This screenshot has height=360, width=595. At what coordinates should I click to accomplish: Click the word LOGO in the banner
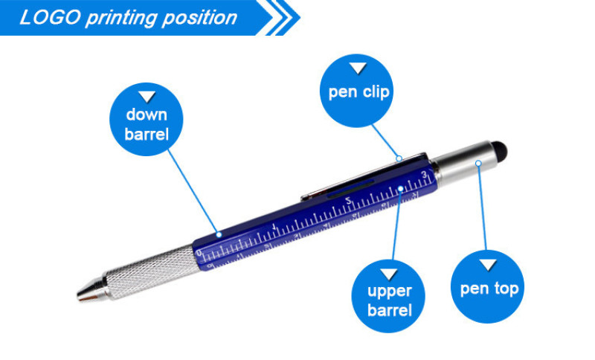click(x=50, y=17)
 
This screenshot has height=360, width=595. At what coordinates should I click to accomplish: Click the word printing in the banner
click(x=121, y=18)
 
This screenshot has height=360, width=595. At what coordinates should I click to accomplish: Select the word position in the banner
click(x=199, y=18)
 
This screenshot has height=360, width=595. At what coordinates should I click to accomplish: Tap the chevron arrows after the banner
click(x=282, y=17)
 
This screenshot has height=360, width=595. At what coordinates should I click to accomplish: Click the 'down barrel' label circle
click(x=147, y=119)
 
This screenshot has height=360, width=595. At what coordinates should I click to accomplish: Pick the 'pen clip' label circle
click(x=357, y=91)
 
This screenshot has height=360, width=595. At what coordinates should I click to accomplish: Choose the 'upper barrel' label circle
click(x=388, y=296)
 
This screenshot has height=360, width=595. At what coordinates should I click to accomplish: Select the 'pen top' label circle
click(x=487, y=287)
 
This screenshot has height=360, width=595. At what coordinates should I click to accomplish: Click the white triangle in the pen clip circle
click(x=358, y=68)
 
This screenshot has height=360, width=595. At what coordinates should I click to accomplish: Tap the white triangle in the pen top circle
click(x=488, y=265)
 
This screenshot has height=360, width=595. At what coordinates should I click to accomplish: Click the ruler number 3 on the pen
click(x=424, y=175)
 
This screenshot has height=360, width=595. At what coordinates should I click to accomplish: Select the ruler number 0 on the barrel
click(x=199, y=252)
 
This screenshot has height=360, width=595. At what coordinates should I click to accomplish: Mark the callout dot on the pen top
click(x=478, y=163)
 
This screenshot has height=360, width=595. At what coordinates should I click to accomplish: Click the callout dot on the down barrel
click(x=219, y=235)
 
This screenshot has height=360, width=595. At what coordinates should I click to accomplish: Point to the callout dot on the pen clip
click(x=399, y=158)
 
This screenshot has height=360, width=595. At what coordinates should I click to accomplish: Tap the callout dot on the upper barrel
click(x=401, y=188)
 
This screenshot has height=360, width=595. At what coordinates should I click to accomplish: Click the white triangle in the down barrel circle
click(x=147, y=97)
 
